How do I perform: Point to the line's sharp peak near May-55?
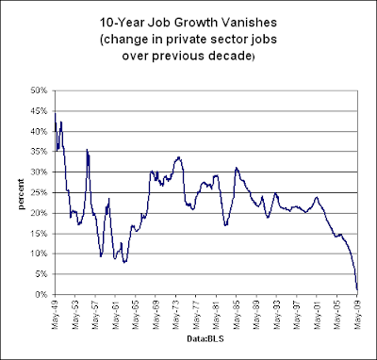[87, 150]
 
